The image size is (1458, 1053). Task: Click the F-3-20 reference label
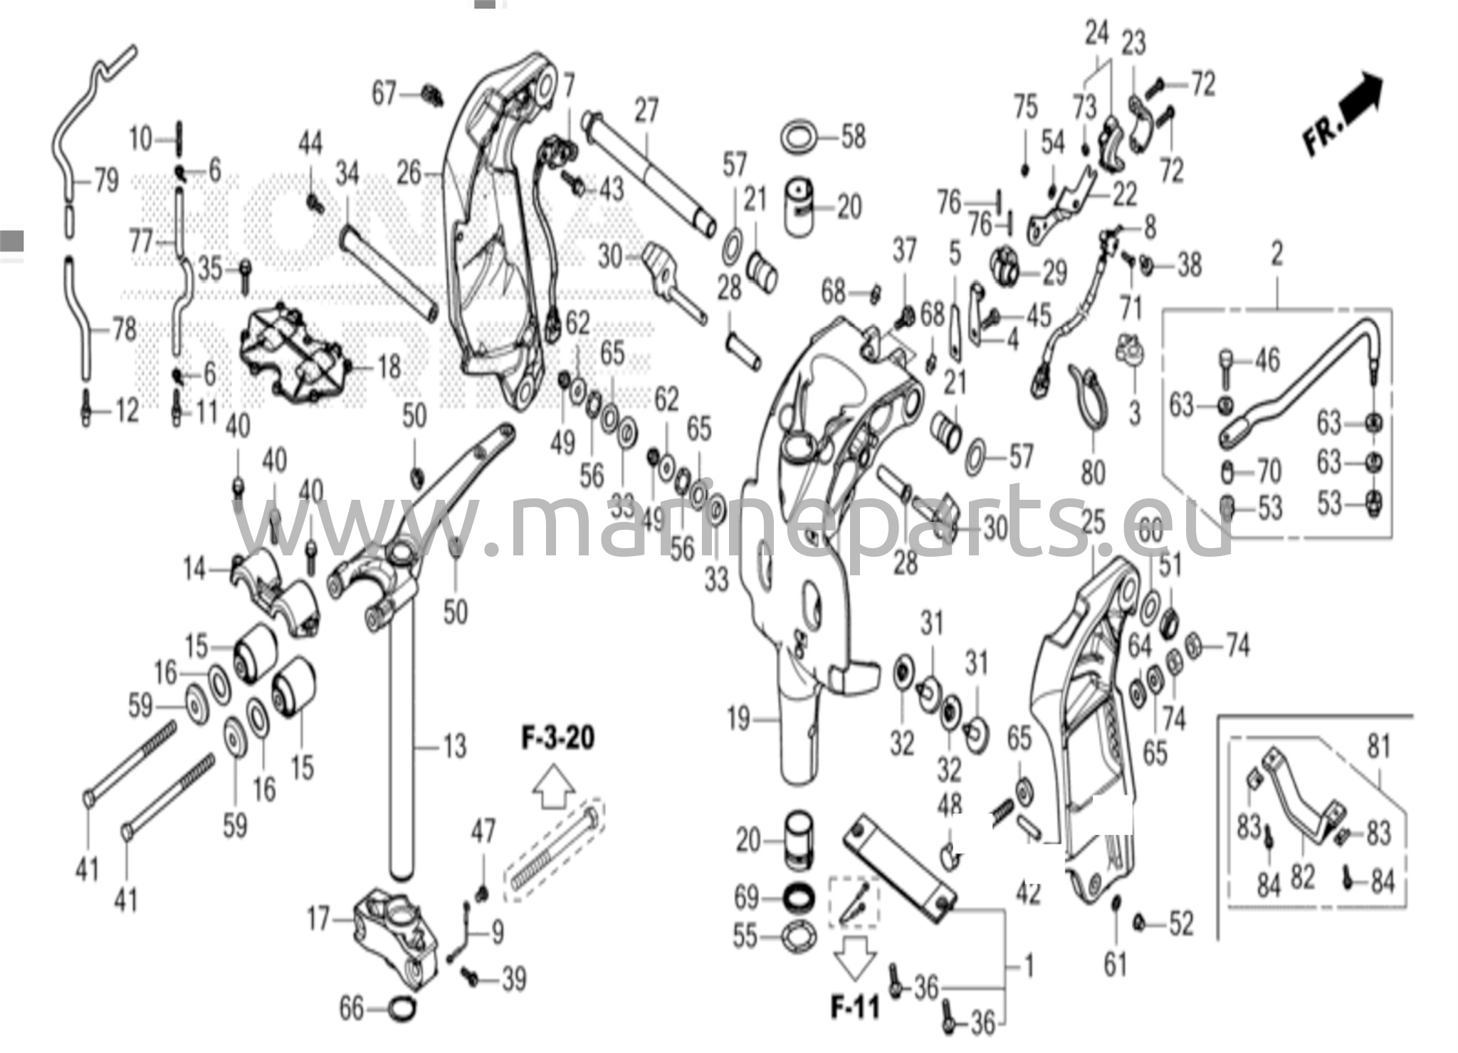557,738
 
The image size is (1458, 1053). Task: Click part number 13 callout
455,746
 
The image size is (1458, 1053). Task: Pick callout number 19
738,718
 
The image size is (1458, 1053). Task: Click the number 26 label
409,173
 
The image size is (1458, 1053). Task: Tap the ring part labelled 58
800,135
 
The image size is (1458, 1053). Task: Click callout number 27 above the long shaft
646,111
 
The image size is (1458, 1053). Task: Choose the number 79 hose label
107,181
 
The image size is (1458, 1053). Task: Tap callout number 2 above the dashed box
1276,254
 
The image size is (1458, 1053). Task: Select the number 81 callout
1379,746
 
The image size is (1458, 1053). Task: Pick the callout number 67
384,93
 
